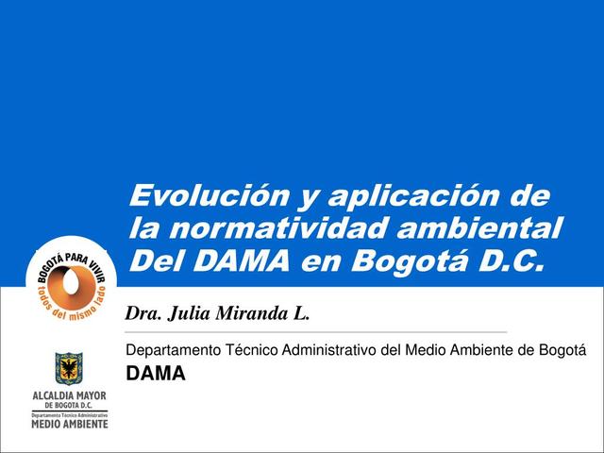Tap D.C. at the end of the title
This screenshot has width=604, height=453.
(510, 260)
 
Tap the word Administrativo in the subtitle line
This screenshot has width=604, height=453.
(328, 352)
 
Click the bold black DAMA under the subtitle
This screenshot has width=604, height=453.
(156, 374)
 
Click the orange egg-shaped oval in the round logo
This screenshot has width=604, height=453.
(71, 281)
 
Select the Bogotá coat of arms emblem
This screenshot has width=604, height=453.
(70, 369)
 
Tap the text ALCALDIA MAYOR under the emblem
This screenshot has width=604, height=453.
(71, 395)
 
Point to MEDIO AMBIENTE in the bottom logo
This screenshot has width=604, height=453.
(71, 423)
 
